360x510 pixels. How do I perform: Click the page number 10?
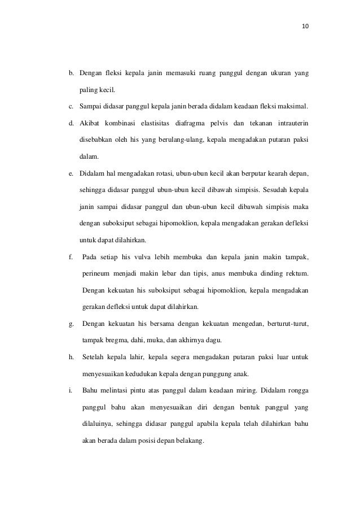[305, 26]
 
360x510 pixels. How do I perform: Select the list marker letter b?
[71, 73]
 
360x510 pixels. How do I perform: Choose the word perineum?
[95, 274]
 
